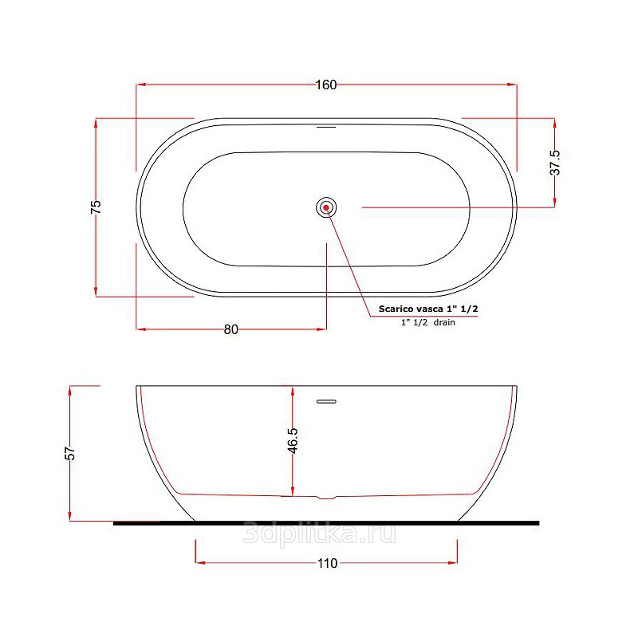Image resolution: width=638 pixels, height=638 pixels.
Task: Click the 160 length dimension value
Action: click(x=326, y=85)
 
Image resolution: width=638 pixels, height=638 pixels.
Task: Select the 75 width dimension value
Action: click(x=96, y=207)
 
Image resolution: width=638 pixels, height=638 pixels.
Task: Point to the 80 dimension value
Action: click(x=231, y=329)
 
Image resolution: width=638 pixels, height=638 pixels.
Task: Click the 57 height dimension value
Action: click(x=70, y=453)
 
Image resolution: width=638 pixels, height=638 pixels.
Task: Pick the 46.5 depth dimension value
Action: click(x=293, y=440)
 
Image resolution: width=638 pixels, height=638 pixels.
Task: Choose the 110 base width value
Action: click(x=328, y=563)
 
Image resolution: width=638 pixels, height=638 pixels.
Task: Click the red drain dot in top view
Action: click(x=326, y=207)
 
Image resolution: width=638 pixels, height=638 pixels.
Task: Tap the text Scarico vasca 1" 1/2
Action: click(x=428, y=309)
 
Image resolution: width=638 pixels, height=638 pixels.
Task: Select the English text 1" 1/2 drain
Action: click(x=428, y=322)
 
